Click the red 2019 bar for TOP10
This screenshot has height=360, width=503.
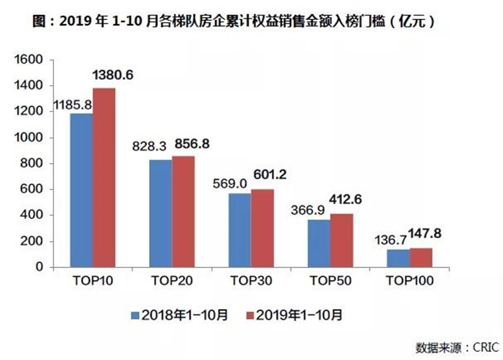[104, 177]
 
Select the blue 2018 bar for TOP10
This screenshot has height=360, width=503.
[82, 190]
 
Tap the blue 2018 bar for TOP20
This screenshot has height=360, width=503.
[161, 213]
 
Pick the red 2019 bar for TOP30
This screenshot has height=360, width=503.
[262, 228]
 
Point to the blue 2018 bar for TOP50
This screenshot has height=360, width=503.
[319, 244]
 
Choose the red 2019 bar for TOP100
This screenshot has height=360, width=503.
[421, 257]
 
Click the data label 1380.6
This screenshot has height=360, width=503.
[113, 75]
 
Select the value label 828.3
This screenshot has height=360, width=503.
[149, 147]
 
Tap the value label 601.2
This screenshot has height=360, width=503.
[270, 174]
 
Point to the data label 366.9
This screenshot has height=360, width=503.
[307, 210]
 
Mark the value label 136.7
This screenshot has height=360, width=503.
[390, 240]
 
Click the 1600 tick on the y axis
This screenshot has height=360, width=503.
[28, 59]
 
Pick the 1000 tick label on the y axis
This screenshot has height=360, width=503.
[28, 137]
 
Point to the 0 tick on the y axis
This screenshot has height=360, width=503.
[40, 267]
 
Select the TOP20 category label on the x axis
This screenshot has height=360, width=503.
[172, 281]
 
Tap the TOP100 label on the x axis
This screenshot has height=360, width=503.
[410, 281]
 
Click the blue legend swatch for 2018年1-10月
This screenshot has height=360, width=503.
[135, 315]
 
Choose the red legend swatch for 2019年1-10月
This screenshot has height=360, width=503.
[250, 315]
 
